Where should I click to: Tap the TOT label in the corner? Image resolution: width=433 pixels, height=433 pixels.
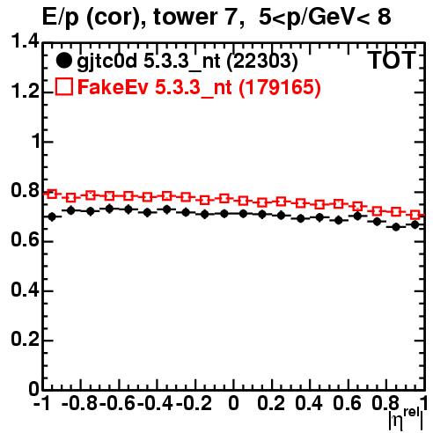coord(393,61)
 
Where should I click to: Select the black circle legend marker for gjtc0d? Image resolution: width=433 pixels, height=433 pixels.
coord(63,61)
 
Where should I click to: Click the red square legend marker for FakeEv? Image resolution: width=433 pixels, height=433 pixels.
coord(64,86)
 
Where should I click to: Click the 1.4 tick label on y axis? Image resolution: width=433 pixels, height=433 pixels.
coord(25,41)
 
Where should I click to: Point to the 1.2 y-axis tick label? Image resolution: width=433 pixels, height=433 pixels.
coord(25,92)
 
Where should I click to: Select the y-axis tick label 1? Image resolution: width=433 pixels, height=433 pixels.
coord(36,142)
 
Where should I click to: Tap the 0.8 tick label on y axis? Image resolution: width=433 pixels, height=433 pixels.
coord(25,191)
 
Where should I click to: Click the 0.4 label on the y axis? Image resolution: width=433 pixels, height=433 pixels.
coord(25,290)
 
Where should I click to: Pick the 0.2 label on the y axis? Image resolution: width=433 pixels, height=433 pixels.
coord(25,340)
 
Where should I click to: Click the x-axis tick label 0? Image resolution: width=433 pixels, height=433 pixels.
coord(233,403)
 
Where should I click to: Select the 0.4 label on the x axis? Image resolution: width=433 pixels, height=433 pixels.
coord(309,403)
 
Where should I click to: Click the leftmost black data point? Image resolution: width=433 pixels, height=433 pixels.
coord(52,217)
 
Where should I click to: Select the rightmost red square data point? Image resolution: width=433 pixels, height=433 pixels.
coord(415,215)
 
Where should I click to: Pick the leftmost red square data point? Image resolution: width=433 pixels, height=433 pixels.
coord(52,194)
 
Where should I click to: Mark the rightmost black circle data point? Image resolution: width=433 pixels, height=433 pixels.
coord(415,224)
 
